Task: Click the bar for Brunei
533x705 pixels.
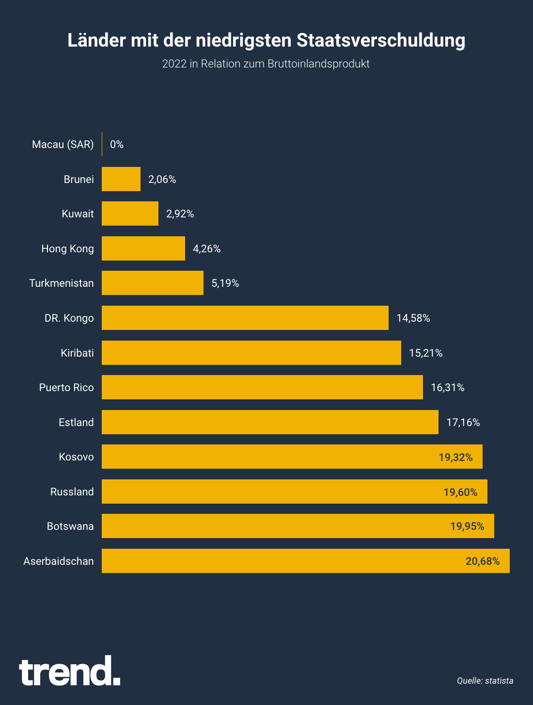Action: click(x=121, y=179)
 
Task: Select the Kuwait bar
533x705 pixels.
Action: click(x=130, y=213)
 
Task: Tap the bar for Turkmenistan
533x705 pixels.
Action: click(x=153, y=283)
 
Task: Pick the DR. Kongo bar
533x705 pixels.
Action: click(x=245, y=318)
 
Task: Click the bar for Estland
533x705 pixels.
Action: click(x=270, y=422)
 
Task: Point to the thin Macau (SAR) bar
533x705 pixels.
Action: click(x=102, y=144)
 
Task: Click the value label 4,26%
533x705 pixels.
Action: click(x=207, y=249)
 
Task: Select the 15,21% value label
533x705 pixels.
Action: click(x=426, y=353)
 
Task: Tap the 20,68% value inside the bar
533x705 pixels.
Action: click(x=483, y=561)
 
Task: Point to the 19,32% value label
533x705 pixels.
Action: click(x=455, y=457)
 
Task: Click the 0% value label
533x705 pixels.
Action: click(x=117, y=145)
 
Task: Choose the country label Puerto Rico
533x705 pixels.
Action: click(x=66, y=388)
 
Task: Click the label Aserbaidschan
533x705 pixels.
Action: click(x=59, y=561)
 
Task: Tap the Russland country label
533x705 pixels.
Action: click(x=72, y=492)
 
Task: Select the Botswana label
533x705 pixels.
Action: click(x=70, y=526)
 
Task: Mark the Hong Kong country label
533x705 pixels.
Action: click(x=68, y=249)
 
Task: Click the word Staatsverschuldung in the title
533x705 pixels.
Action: click(x=381, y=40)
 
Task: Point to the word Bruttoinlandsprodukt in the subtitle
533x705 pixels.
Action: click(x=318, y=64)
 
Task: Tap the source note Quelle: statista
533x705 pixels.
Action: click(x=485, y=681)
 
